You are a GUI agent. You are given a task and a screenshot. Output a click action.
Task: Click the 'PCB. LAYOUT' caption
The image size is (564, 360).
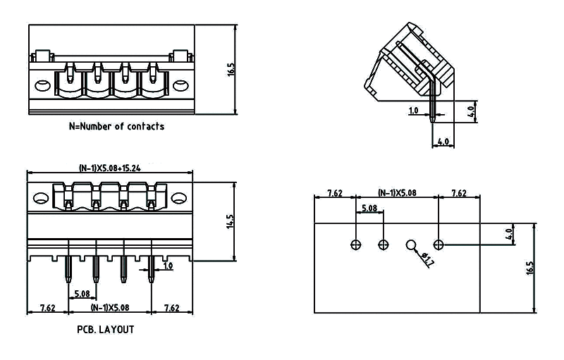(106, 329)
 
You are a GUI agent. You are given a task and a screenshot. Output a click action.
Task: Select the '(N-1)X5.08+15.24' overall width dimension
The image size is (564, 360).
(110, 168)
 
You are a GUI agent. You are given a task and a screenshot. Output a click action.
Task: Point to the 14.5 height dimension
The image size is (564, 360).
(229, 221)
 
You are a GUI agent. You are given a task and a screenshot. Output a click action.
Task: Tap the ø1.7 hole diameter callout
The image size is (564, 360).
(427, 260)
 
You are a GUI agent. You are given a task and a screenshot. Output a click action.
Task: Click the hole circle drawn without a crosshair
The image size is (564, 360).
(412, 245)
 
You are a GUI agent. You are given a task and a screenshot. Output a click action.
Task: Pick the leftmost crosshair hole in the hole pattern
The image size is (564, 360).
(356, 245)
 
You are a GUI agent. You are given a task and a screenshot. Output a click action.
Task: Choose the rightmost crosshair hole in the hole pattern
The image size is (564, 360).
(439, 245)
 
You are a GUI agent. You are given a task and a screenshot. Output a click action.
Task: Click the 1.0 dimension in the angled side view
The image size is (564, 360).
(414, 111)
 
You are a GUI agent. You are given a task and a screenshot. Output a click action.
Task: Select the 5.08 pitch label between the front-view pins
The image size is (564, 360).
(82, 294)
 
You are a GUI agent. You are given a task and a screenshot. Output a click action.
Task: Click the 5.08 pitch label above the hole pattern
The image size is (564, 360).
(369, 209)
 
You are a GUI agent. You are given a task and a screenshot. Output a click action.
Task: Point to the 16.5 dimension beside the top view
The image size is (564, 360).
(231, 69)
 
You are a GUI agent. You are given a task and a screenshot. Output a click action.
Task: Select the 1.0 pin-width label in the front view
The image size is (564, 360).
(168, 266)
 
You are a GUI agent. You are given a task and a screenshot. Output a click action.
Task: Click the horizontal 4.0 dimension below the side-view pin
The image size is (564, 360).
(443, 141)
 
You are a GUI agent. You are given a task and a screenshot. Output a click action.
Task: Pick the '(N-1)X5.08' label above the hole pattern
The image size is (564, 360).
(397, 192)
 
